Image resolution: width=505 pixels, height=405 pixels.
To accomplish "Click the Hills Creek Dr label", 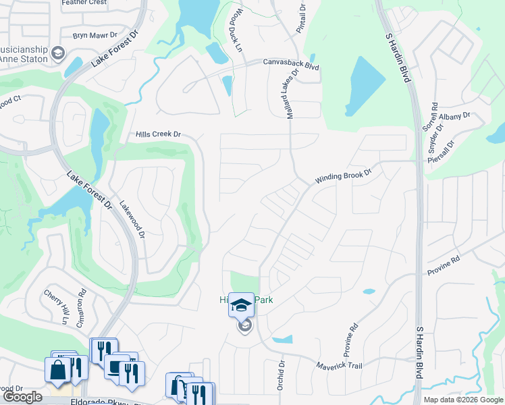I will (159, 134).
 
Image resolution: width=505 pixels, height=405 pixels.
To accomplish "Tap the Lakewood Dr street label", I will (132, 219).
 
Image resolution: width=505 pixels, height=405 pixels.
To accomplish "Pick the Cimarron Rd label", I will (82, 308).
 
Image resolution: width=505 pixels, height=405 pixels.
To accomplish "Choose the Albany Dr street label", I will (456, 116).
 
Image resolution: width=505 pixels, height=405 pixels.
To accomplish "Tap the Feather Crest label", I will (84, 3).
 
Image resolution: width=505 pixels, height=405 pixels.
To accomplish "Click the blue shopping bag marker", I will (57, 369).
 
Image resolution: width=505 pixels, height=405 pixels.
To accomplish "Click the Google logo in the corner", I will (22, 397).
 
